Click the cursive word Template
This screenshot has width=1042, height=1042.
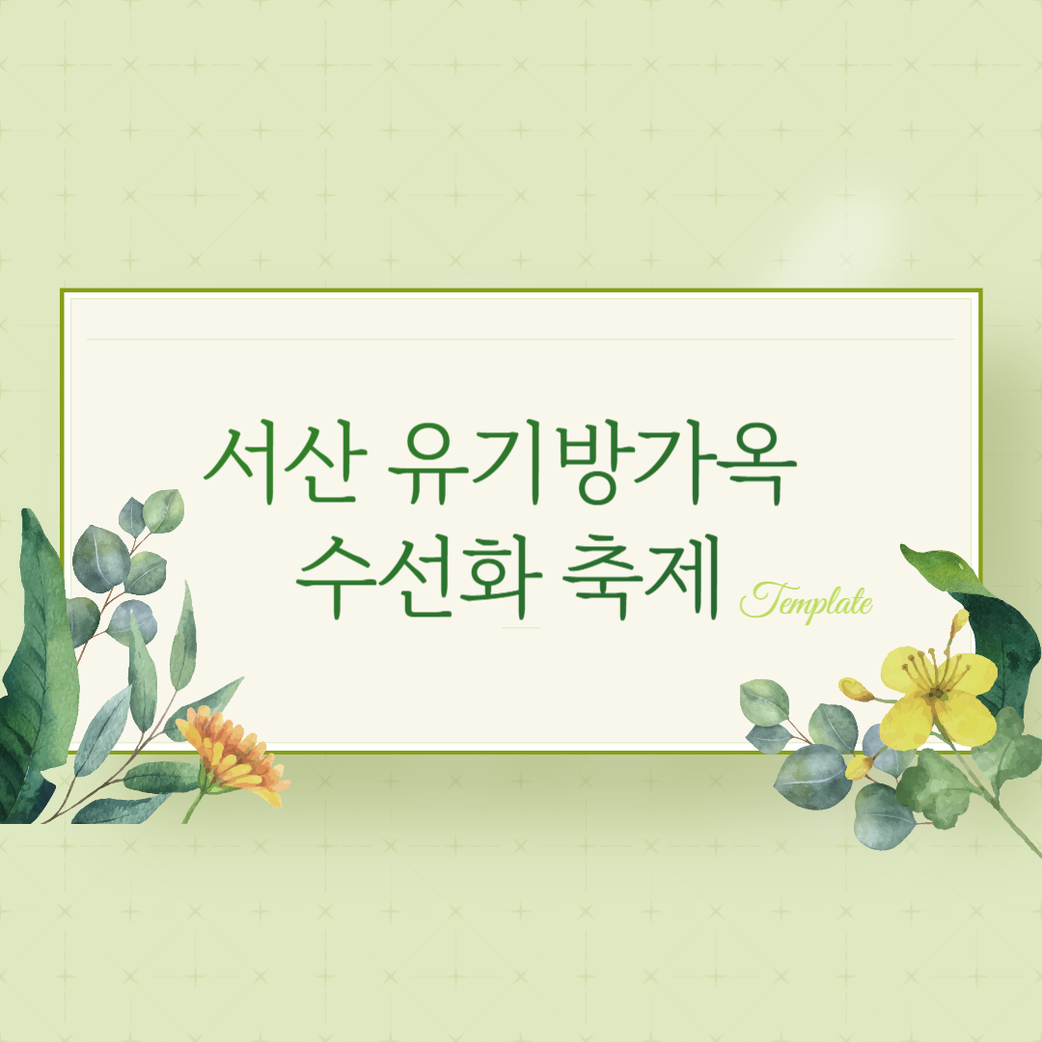(806, 602)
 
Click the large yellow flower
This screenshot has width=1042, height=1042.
(937, 696)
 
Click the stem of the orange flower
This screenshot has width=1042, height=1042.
(194, 807)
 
